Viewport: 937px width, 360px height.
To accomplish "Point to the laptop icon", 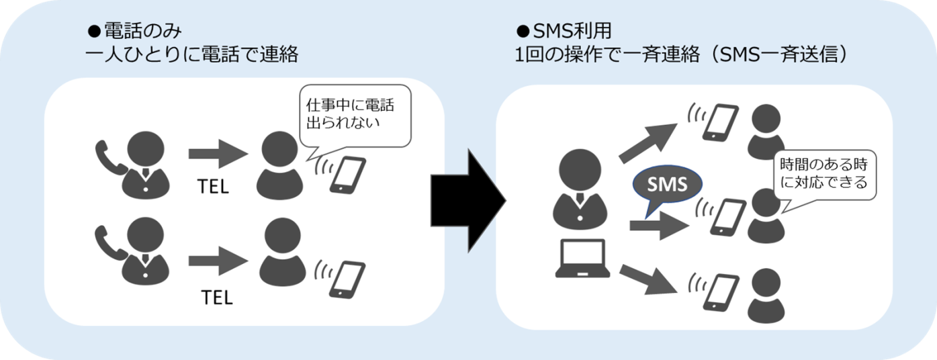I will [582, 259].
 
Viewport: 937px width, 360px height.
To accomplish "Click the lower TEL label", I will [216, 297].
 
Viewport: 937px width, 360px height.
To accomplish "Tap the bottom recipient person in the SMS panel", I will [765, 295].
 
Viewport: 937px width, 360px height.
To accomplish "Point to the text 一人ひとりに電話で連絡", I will [192, 54].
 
